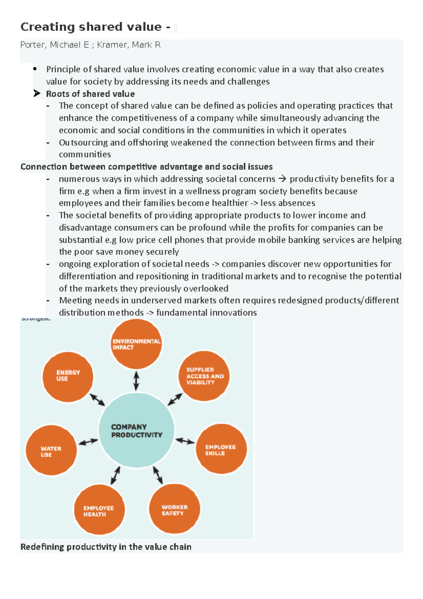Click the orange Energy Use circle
(68, 377)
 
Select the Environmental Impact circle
(136, 344)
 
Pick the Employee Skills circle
(221, 449)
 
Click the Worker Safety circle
(174, 509)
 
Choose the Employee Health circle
(99, 510)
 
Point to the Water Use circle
(51, 450)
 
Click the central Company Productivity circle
(136, 430)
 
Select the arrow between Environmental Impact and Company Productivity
(136, 381)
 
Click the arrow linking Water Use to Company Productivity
(88, 442)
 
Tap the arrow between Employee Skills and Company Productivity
(185, 441)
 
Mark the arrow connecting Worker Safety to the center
(158, 475)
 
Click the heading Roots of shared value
(90, 94)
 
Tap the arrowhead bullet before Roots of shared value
(37, 93)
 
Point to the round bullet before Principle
(35, 69)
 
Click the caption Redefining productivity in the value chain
(106, 547)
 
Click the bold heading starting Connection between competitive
(146, 167)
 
